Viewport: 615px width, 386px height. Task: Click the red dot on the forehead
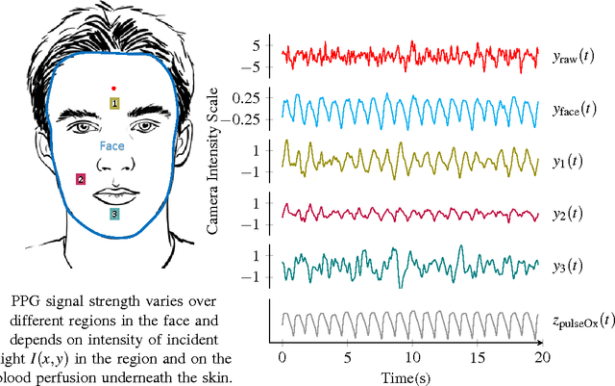tap(113, 88)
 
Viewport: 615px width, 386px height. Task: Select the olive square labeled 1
tap(114, 103)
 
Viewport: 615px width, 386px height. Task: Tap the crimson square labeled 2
tap(81, 178)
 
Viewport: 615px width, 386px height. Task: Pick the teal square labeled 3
tap(114, 214)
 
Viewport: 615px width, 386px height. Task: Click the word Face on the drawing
tap(112, 146)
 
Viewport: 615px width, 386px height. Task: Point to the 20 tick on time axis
tap(541, 356)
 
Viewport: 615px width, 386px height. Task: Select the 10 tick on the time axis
tap(411, 356)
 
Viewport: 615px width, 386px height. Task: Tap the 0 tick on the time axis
tap(282, 356)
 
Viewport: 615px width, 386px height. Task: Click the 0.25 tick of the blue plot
tap(246, 99)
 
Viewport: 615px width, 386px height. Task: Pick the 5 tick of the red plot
tap(256, 46)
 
